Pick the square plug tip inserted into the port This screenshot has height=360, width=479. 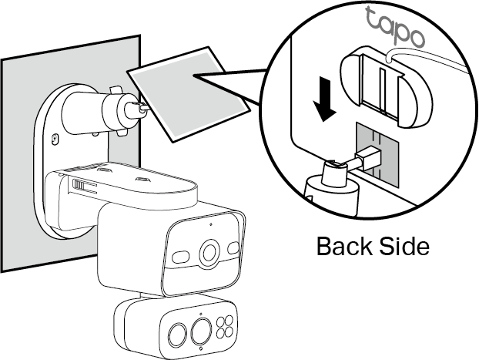pos(370,157)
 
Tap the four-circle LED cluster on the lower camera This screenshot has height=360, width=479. pos(226,326)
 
